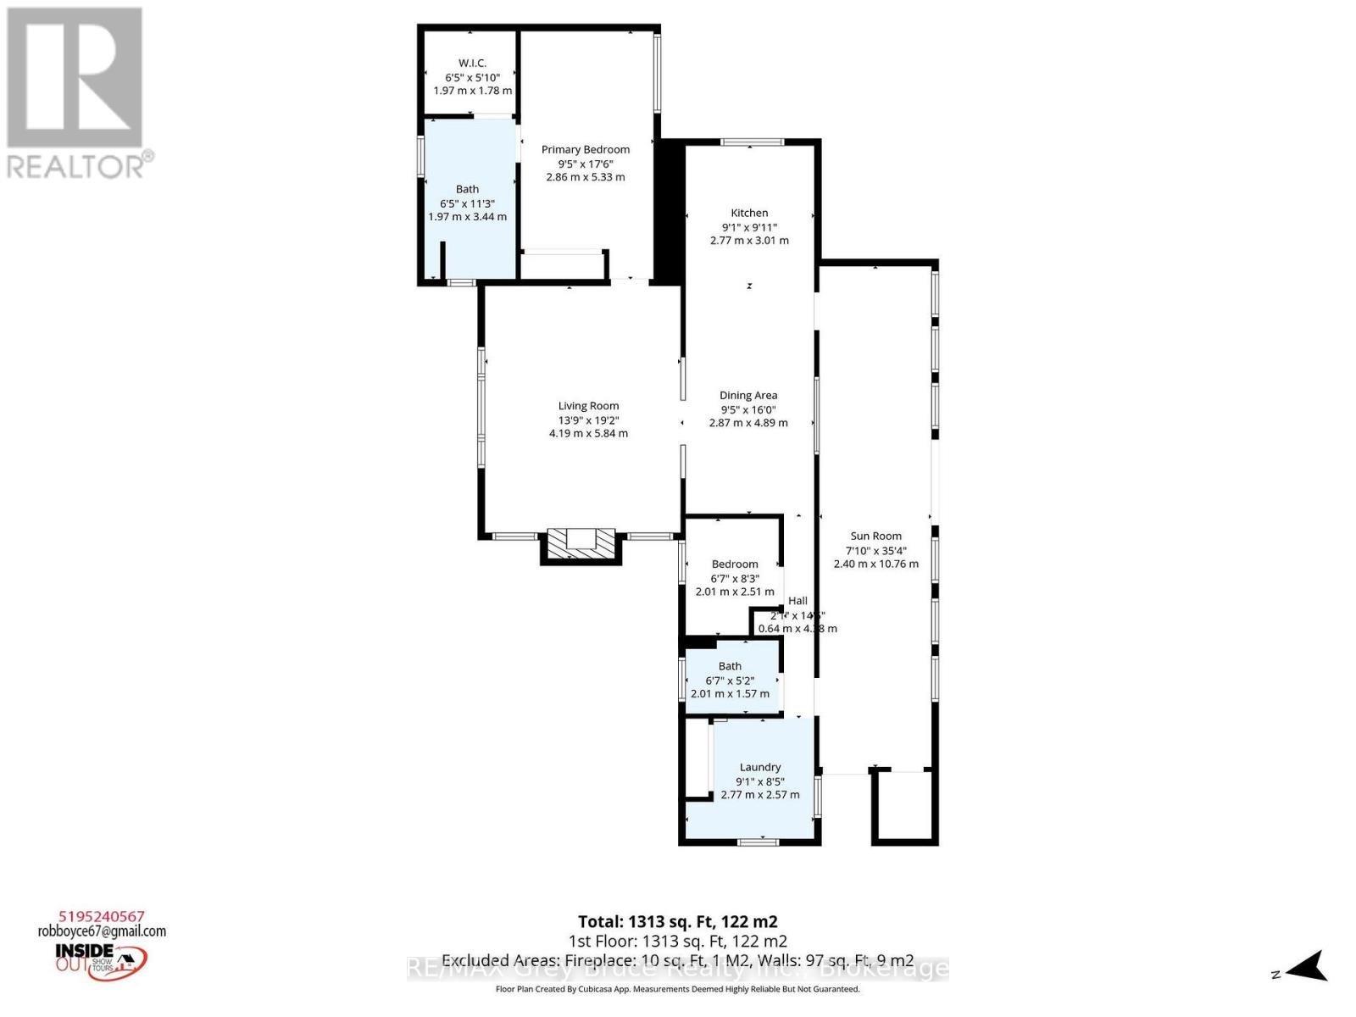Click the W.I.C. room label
(x=472, y=63)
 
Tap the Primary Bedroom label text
(x=586, y=149)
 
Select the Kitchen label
(x=749, y=213)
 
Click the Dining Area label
(x=747, y=395)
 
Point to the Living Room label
(x=588, y=406)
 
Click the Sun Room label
(x=875, y=536)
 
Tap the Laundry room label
(x=759, y=767)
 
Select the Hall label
(x=797, y=601)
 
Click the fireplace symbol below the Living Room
(x=581, y=543)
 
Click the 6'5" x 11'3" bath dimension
(x=467, y=203)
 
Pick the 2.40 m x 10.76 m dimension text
(x=875, y=564)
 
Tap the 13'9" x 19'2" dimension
(x=588, y=420)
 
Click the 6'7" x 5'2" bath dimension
(x=730, y=681)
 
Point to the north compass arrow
(x=1307, y=966)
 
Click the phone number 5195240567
(x=102, y=916)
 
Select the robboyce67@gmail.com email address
(x=102, y=931)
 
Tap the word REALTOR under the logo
(x=76, y=165)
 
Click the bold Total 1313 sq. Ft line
(x=677, y=921)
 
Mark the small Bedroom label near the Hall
(x=735, y=564)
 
